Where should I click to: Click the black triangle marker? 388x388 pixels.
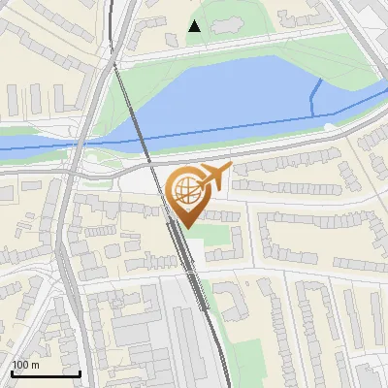(x=195, y=26)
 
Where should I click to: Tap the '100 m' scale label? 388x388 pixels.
(x=26, y=365)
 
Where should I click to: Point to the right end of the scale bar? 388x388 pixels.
(x=80, y=372)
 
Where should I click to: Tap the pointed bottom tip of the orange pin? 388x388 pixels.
(x=187, y=228)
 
